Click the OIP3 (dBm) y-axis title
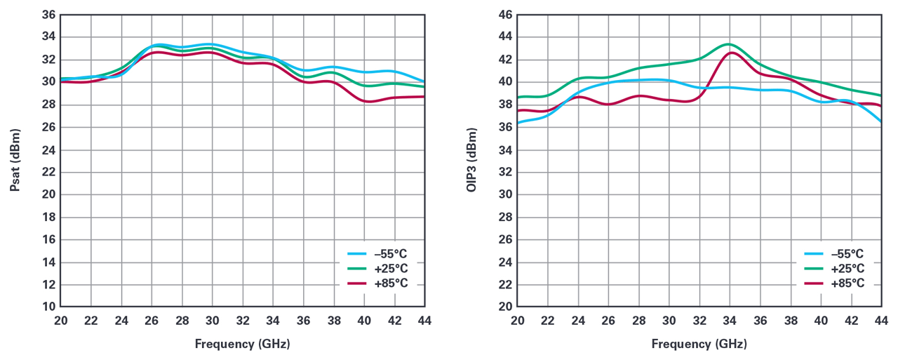[471, 160]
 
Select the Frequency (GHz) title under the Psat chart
[242, 344]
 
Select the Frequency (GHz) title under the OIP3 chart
[699, 344]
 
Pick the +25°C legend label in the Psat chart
[392, 269]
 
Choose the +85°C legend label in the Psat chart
[392, 284]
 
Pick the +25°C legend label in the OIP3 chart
[850, 269]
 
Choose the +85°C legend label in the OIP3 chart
[850, 284]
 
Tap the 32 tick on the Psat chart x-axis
[243, 321]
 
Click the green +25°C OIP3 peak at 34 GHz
[729, 44]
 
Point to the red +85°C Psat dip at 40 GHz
[366, 101]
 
